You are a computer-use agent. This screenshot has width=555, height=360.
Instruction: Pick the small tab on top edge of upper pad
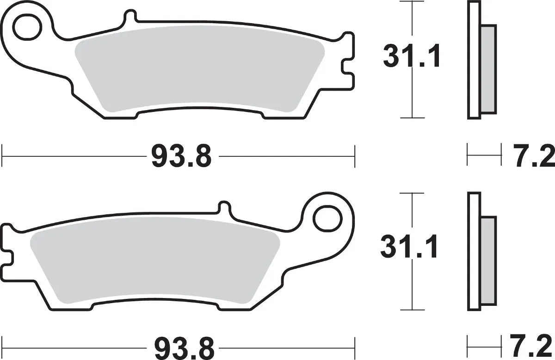[131, 17]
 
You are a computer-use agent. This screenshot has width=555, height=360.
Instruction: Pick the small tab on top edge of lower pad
[224, 207]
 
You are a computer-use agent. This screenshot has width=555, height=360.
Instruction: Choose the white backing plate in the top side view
[474, 60]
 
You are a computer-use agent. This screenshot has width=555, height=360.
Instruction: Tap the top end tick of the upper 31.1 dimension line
[412, 2]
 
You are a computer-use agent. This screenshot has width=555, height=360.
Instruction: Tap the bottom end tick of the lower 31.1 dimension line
[412, 310]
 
